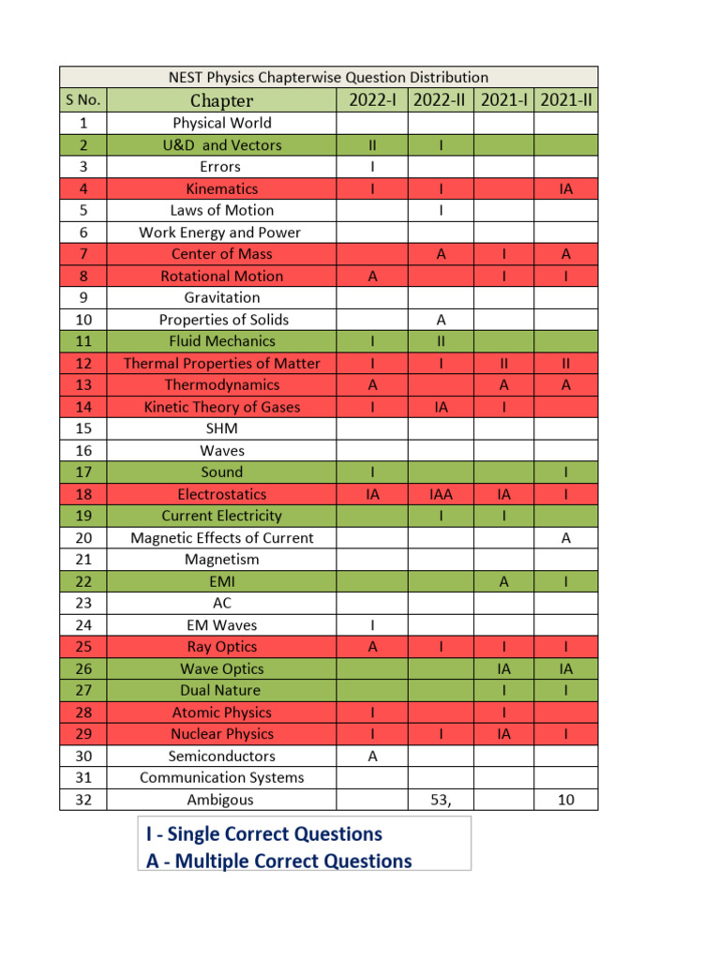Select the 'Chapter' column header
pyautogui.click(x=222, y=100)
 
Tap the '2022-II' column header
pyautogui.click(x=440, y=100)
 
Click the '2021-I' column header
pyautogui.click(x=503, y=100)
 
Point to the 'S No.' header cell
pyautogui.click(x=84, y=100)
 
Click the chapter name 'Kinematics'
pyautogui.click(x=222, y=188)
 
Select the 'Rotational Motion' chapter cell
pyautogui.click(x=222, y=276)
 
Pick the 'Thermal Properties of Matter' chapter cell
pyautogui.click(x=222, y=363)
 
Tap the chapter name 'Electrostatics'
pyautogui.click(x=222, y=494)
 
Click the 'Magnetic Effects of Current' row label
pyautogui.click(x=222, y=538)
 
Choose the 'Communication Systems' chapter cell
pyautogui.click(x=222, y=777)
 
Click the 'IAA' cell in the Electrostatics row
pyautogui.click(x=440, y=494)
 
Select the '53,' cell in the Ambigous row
pyautogui.click(x=440, y=800)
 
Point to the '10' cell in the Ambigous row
pyautogui.click(x=565, y=800)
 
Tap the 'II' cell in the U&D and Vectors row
pyautogui.click(x=372, y=145)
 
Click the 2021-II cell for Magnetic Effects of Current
pyautogui.click(x=565, y=538)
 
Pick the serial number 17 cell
pyautogui.click(x=84, y=472)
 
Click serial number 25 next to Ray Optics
pyautogui.click(x=84, y=647)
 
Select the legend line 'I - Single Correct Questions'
pyautogui.click(x=264, y=833)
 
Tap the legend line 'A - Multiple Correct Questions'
pyautogui.click(x=278, y=861)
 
